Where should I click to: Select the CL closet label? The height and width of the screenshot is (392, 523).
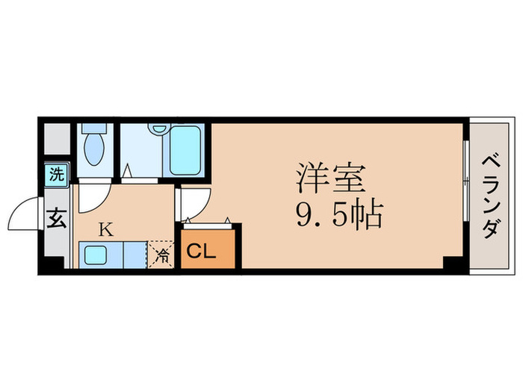[x=201, y=252]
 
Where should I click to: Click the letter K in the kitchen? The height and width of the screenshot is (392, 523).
[x=106, y=229]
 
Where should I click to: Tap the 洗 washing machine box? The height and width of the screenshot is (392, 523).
[x=57, y=175]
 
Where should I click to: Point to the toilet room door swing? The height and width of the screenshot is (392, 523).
[x=93, y=196]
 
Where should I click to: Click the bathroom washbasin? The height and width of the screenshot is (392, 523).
[x=158, y=128]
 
